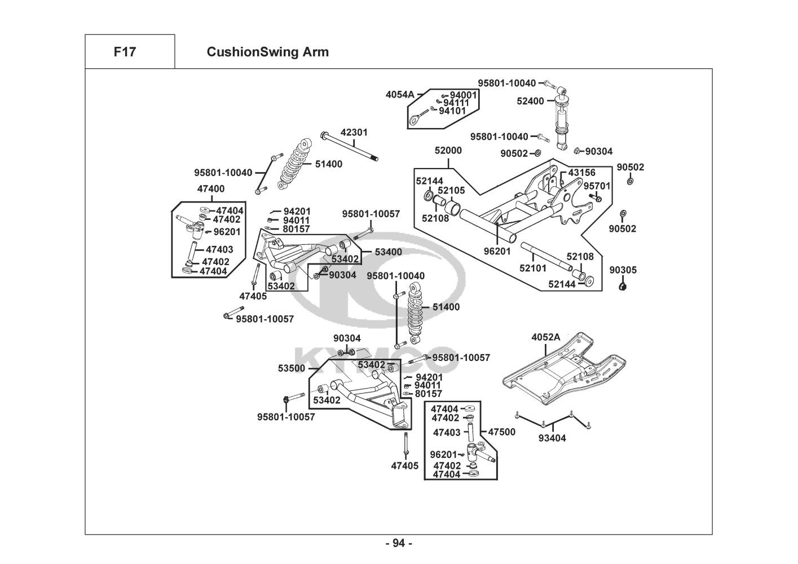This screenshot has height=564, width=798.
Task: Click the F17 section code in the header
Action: pos(125,52)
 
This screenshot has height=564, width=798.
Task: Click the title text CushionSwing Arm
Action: pos(267,52)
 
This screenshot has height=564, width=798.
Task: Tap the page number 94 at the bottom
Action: pos(399,544)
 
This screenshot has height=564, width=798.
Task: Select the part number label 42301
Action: pos(354,133)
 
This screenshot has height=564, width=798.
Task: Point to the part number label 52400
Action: pos(530,102)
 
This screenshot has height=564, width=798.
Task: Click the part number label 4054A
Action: pos(400,94)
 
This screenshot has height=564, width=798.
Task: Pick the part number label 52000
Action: pos(448,151)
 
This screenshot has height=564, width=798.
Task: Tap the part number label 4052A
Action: pos(545,337)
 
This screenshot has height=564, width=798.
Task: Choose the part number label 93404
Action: pos(552,438)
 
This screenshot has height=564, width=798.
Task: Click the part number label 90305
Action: pos(623,270)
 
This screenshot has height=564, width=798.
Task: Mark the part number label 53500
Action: pos(291,368)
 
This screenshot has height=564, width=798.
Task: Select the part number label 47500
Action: pos(501,432)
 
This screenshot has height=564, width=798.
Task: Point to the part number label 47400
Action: pos(210,189)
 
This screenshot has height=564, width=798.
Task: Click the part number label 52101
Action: pos(534,269)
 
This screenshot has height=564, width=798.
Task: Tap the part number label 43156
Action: pos(581,173)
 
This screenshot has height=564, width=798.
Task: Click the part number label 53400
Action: pos(389,252)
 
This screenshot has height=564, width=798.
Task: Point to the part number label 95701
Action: pos(597,186)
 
